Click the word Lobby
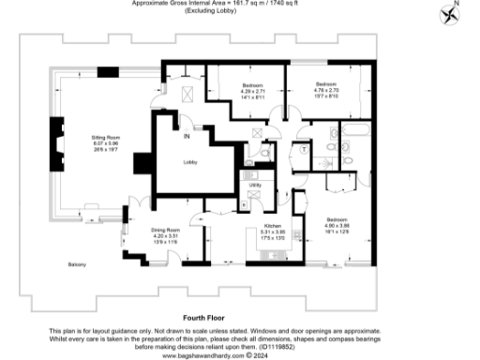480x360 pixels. pos(189,162)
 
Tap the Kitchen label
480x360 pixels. pos(271,226)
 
